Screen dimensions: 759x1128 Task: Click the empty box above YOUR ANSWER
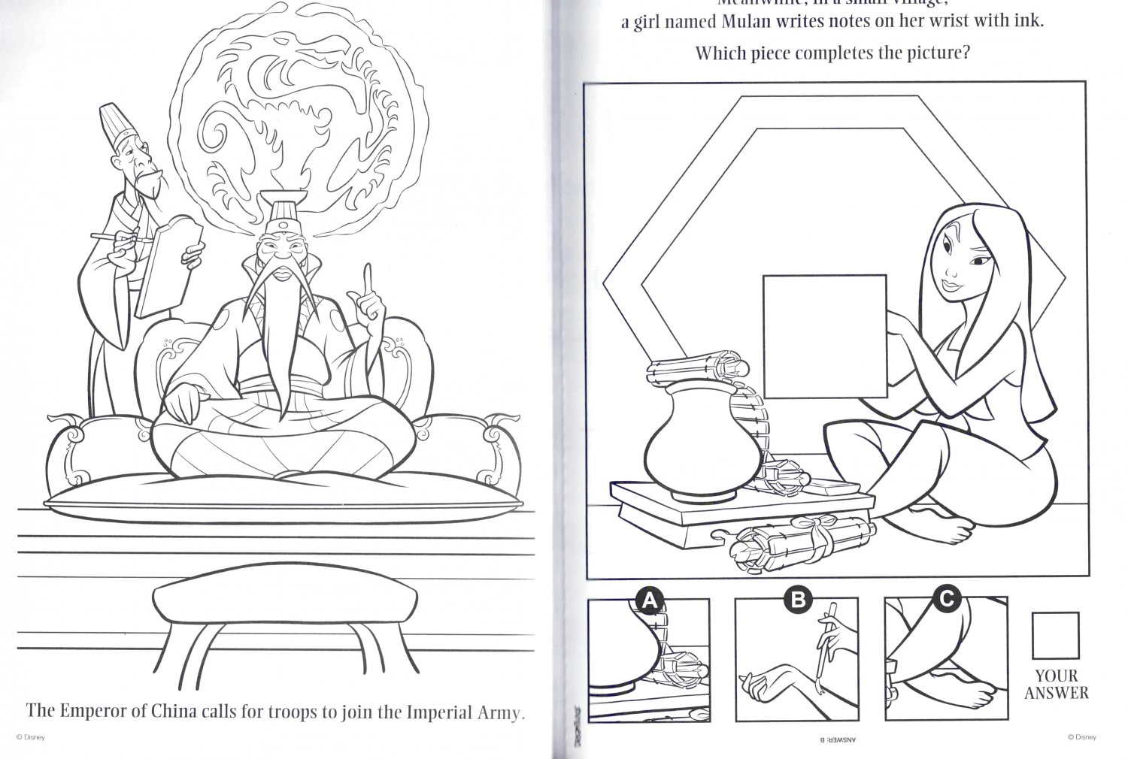pos(1055,635)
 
